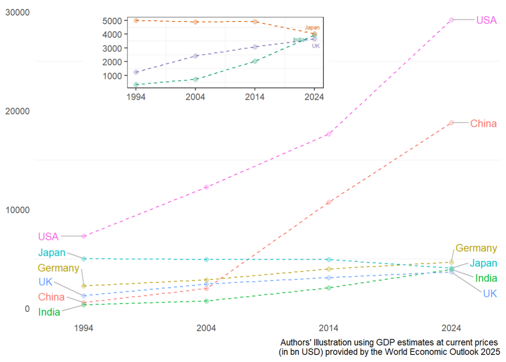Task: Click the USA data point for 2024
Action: click(x=451, y=20)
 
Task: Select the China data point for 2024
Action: click(x=451, y=123)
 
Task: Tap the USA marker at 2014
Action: click(x=329, y=134)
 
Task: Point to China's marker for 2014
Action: click(x=329, y=202)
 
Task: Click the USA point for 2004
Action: click(x=207, y=187)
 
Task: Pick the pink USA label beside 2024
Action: click(x=487, y=20)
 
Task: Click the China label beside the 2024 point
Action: click(x=483, y=124)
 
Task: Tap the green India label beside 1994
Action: click(x=49, y=312)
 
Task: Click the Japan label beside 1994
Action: click(x=52, y=253)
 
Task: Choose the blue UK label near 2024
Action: click(x=490, y=294)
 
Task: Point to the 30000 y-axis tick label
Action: click(x=18, y=12)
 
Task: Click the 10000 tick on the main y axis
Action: click(x=18, y=210)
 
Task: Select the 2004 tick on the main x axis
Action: click(x=207, y=327)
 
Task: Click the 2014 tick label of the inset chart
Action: click(x=255, y=97)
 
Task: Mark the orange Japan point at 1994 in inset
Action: click(x=136, y=20)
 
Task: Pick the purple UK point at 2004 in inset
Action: click(x=196, y=56)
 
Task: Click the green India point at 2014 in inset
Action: click(x=255, y=61)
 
